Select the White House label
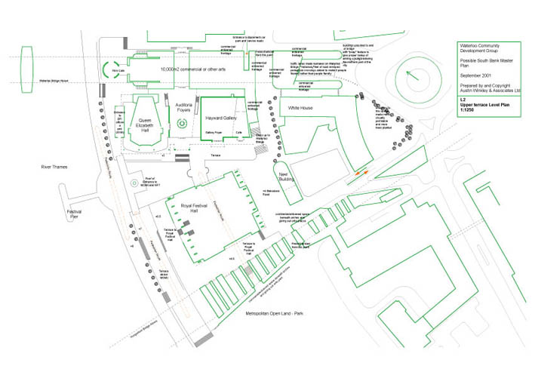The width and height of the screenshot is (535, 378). pyautogui.click(x=300, y=109)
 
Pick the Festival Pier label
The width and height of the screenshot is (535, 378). pyautogui.click(x=74, y=216)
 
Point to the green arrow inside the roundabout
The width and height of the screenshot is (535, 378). pyautogui.click(x=411, y=77)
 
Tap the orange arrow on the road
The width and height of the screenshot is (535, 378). pyautogui.click(x=361, y=174)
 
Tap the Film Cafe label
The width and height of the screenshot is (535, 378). pyautogui.click(x=118, y=71)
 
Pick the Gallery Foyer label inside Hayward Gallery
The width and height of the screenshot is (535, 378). pyautogui.click(x=214, y=131)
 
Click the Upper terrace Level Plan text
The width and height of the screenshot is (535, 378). pyautogui.click(x=488, y=106)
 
